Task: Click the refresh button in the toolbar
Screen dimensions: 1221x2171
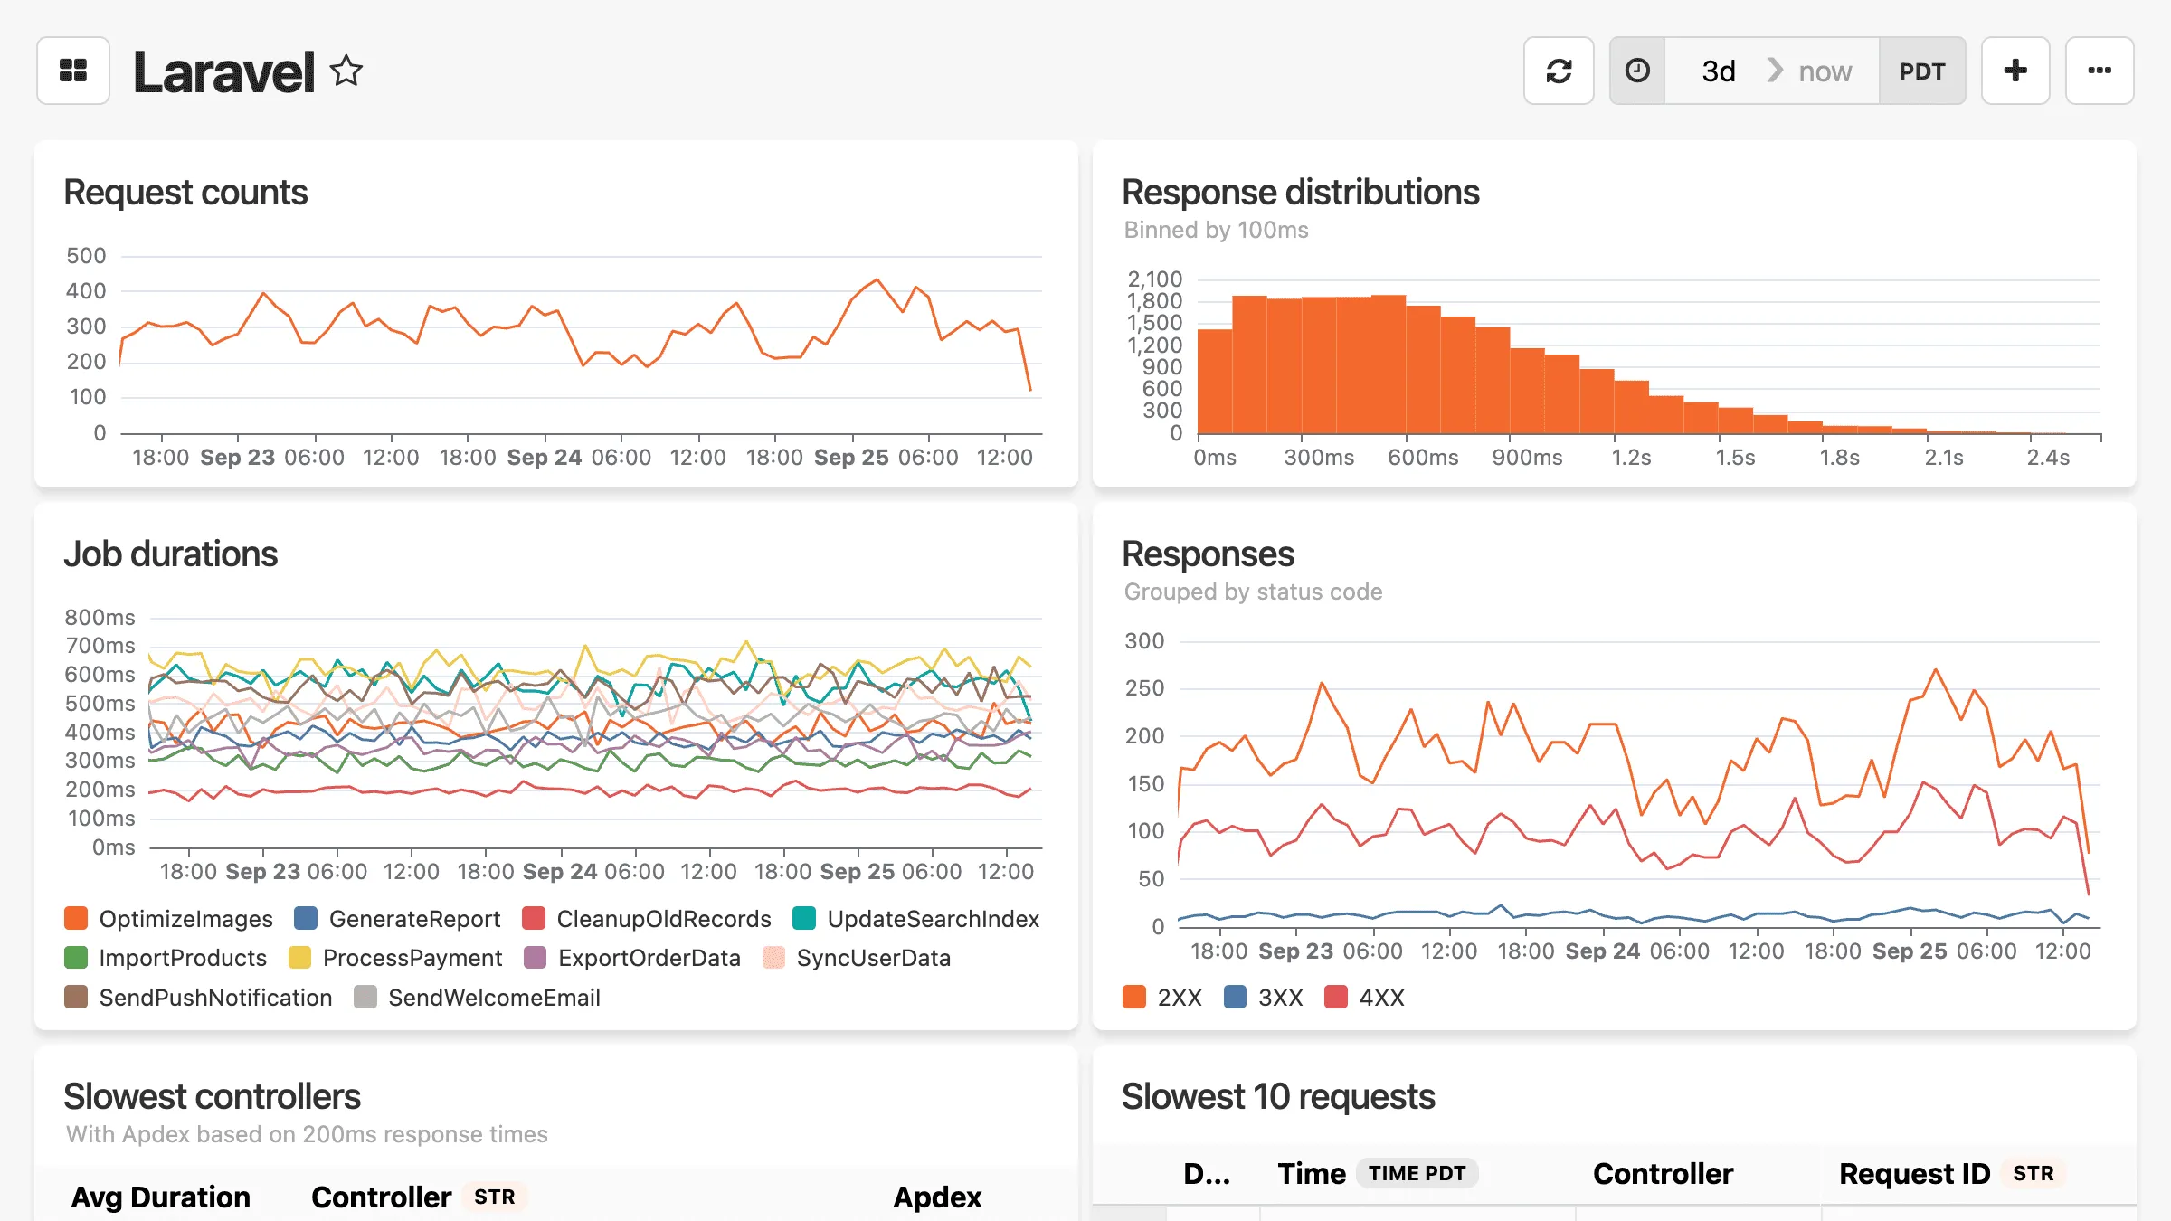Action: [x=1558, y=71]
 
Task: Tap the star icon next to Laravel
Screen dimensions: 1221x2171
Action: [x=346, y=71]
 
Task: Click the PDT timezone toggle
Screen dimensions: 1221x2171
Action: [x=1921, y=71]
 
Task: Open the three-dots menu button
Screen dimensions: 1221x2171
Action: [x=2099, y=71]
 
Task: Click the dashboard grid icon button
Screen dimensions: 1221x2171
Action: [x=73, y=71]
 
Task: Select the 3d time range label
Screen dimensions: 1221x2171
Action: [x=1718, y=71]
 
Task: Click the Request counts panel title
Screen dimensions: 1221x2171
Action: [x=185, y=193]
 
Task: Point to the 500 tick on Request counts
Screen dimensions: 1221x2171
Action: [x=86, y=256]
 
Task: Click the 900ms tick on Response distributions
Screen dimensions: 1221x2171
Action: [x=1527, y=458]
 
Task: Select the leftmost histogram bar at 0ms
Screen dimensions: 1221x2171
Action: [x=1214, y=382]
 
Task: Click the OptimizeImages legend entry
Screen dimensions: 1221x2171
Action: [x=169, y=919]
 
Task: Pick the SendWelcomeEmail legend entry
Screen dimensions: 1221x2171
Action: [x=478, y=998]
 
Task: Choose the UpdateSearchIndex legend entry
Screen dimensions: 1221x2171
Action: [x=916, y=919]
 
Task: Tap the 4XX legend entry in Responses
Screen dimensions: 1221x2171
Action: [x=1365, y=998]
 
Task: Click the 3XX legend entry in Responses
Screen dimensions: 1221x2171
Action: [x=1264, y=998]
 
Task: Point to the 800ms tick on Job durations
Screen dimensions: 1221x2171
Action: [x=100, y=618]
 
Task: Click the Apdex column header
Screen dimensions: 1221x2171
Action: [x=937, y=1197]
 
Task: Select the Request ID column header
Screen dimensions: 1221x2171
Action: [x=1914, y=1173]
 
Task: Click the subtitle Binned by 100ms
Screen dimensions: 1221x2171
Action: [x=1216, y=230]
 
